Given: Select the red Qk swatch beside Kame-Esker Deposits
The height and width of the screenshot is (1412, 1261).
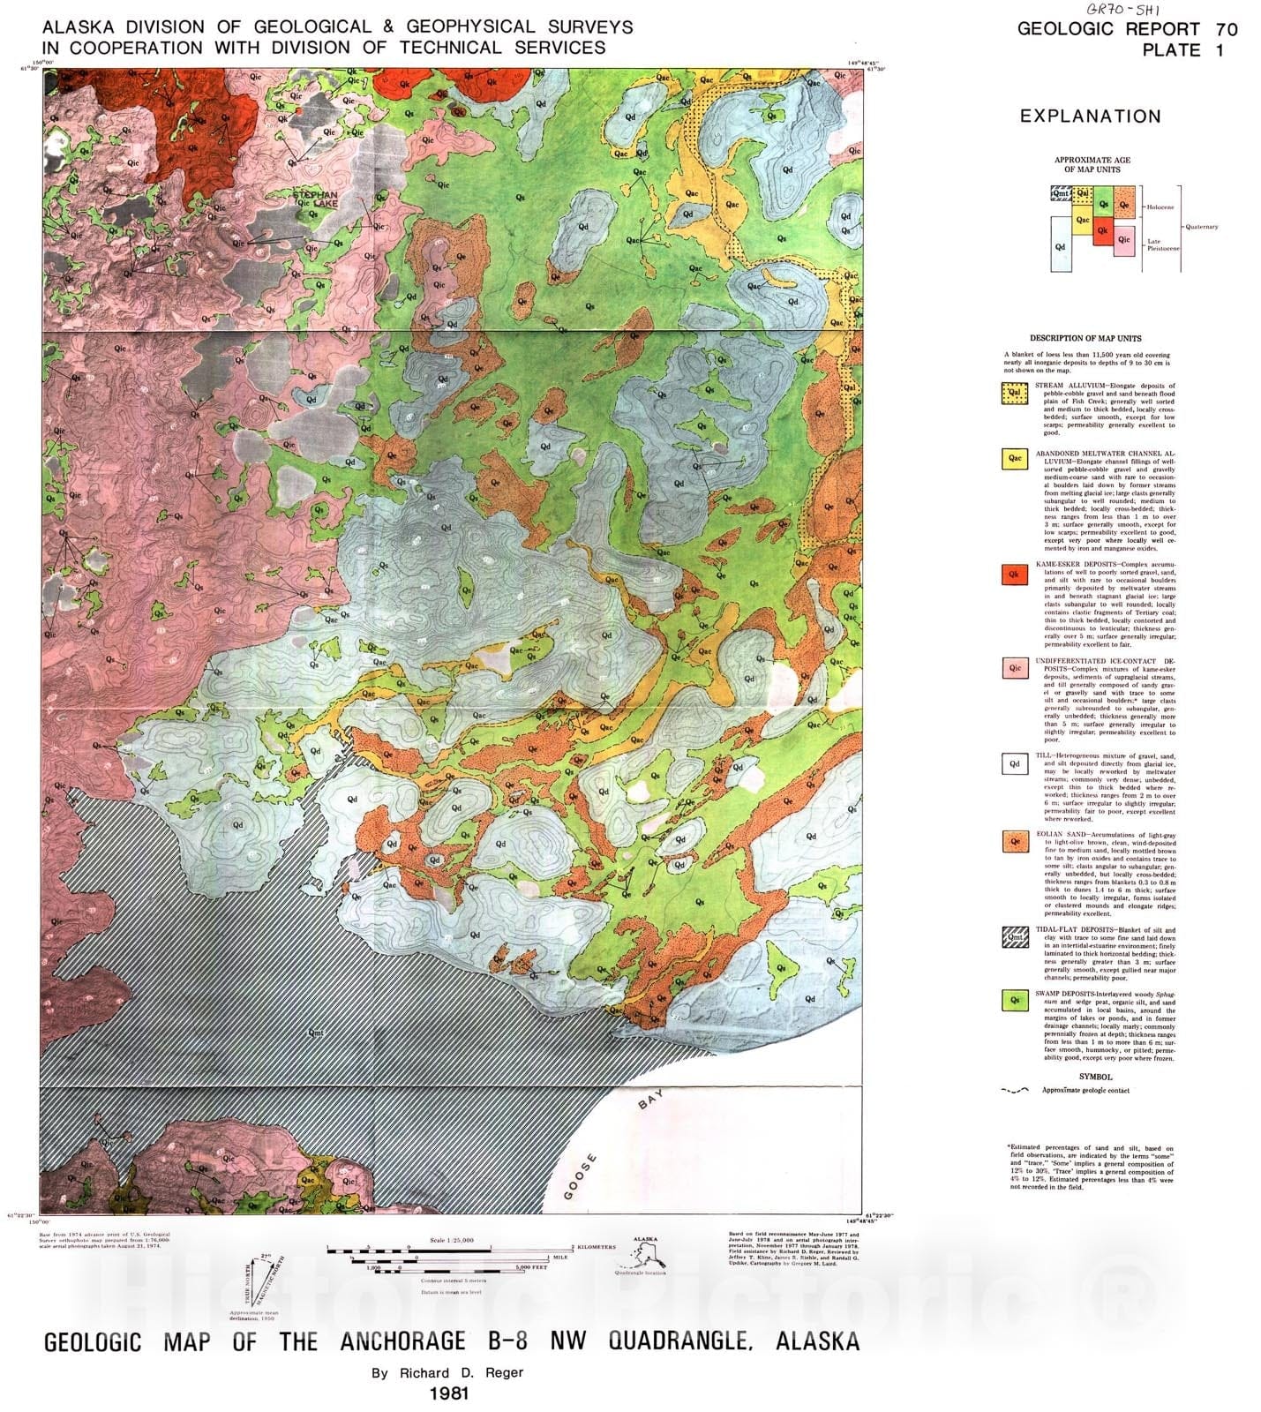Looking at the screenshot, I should (x=1015, y=575).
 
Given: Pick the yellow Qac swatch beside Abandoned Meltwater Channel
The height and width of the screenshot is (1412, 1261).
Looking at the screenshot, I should (x=1015, y=458).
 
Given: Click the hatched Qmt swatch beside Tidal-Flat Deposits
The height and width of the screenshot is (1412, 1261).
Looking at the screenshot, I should (x=1015, y=937).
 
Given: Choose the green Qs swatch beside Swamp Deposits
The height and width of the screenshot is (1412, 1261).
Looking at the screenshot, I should (x=1015, y=1000).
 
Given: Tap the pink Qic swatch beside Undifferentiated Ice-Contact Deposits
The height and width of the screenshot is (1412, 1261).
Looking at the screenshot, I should (x=1015, y=668).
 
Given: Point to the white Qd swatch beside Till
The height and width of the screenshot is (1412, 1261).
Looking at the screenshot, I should (x=1015, y=764).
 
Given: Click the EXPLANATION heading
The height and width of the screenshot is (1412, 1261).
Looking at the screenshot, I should (x=1090, y=116).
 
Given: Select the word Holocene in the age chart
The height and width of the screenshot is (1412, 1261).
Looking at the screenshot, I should (x=1160, y=207).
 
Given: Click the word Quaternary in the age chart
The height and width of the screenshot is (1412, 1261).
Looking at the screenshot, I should (x=1201, y=227).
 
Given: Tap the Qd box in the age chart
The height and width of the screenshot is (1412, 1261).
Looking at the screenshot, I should (x=1060, y=246).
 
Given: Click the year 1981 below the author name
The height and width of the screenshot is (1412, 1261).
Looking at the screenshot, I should (x=448, y=1393).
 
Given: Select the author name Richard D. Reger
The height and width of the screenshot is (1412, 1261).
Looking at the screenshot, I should (x=447, y=1372).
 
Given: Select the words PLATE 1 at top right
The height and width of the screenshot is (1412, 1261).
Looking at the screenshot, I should (x=1182, y=50).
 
